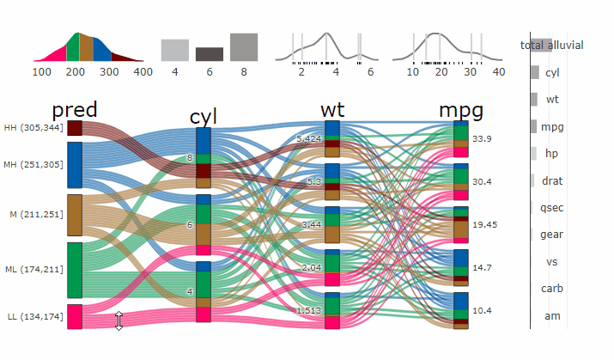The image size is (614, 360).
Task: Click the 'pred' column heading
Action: point(75,111)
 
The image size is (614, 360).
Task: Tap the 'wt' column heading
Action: point(332,111)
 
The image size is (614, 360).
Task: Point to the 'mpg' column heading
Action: point(461,111)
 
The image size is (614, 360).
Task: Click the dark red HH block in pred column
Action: point(75,128)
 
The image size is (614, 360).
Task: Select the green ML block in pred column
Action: point(75,270)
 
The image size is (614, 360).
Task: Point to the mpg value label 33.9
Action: point(482,139)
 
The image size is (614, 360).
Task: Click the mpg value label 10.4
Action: point(482,310)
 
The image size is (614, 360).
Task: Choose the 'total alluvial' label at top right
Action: point(552,45)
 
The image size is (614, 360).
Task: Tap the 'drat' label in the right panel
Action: point(552,180)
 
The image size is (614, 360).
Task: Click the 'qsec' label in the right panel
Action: point(552,208)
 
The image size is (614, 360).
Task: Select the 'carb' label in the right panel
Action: point(552,289)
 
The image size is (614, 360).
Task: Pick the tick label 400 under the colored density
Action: point(143,72)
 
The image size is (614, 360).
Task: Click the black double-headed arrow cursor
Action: point(119,320)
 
